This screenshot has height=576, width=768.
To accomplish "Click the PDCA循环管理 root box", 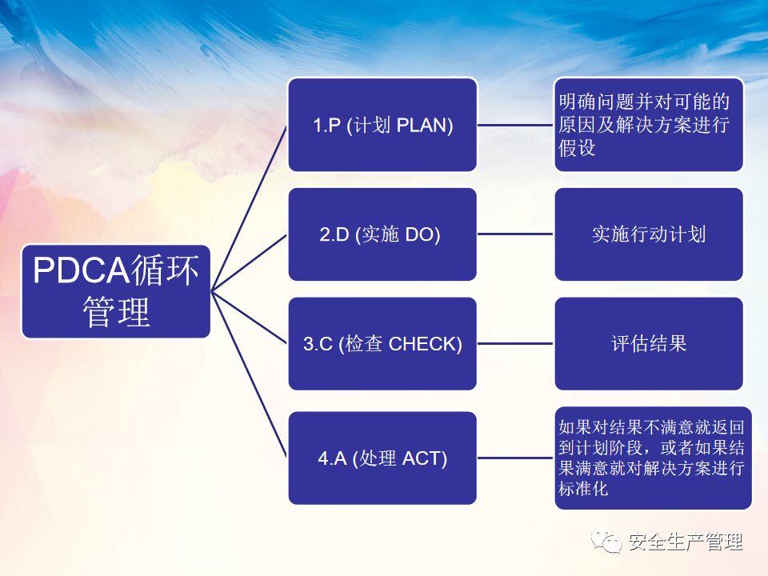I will [116, 291].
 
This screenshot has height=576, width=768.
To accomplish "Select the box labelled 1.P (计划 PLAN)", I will [382, 125].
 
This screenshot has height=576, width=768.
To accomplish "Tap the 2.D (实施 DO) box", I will [382, 234].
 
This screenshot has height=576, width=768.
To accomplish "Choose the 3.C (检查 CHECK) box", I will [382, 344].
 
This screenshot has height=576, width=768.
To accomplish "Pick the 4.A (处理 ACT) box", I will [382, 458].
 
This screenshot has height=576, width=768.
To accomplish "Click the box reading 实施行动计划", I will [649, 234].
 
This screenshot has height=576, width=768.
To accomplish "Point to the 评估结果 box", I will [649, 344].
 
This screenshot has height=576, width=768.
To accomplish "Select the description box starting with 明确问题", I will [649, 125].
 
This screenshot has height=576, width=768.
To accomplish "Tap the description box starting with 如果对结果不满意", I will [654, 458].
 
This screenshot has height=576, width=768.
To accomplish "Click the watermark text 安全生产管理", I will [686, 542].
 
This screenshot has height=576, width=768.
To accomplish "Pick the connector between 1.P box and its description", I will [516, 125].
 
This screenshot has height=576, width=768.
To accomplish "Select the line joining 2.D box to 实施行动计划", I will [516, 234].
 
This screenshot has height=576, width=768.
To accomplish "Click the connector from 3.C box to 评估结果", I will [516, 344].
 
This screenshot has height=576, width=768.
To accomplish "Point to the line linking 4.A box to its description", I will [516, 458].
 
